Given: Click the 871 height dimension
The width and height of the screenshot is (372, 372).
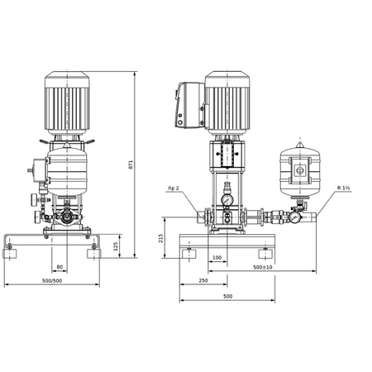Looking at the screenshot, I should (131, 165).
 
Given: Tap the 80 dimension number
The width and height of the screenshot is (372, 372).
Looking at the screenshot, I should (60, 266).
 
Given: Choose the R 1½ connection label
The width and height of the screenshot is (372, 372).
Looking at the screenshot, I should (342, 188).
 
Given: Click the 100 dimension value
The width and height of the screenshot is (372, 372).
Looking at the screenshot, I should (217, 259).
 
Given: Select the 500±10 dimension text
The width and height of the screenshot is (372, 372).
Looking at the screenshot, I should (264, 268).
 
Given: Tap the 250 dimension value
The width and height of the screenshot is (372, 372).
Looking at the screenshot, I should (203, 281).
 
